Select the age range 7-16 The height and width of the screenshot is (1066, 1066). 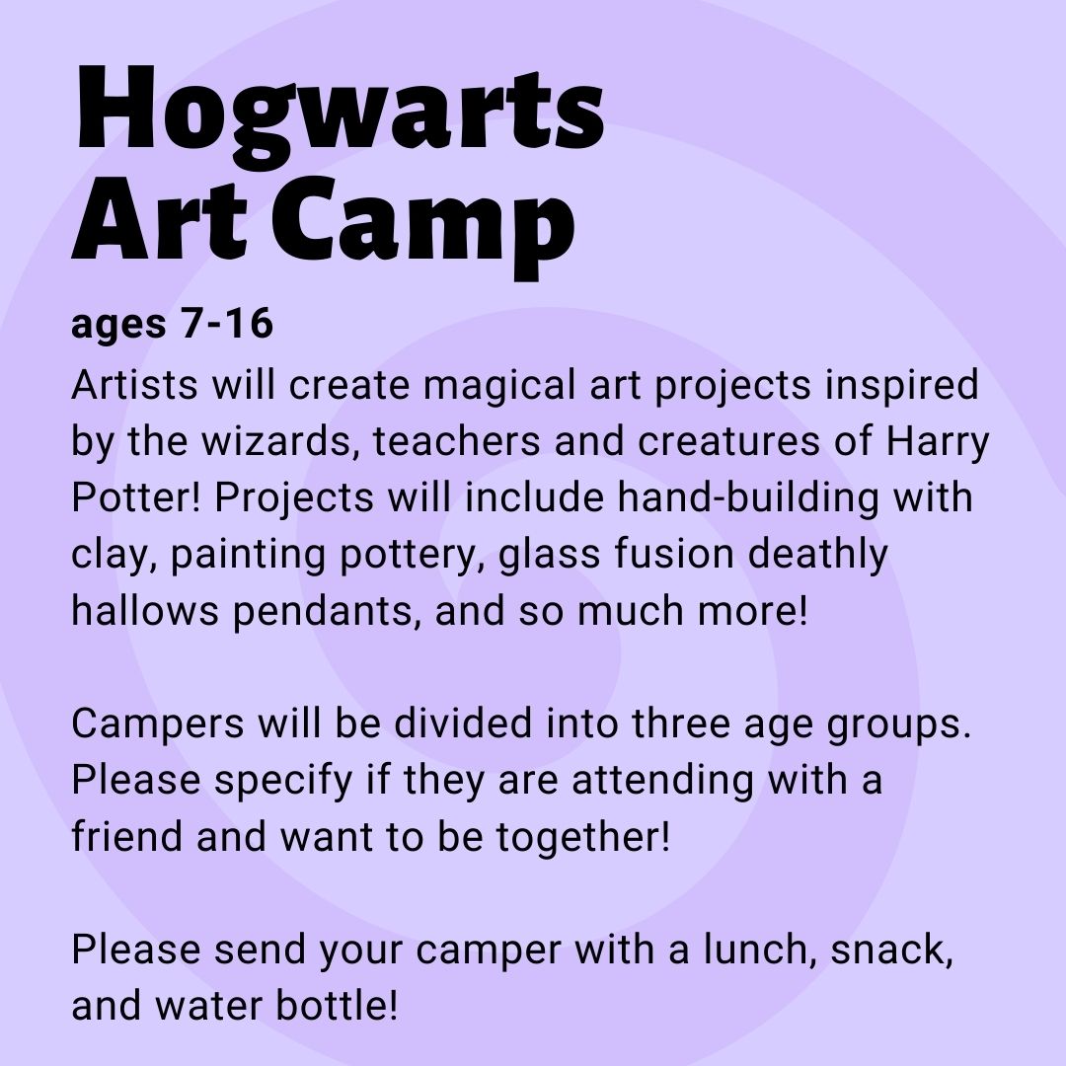pos(226,323)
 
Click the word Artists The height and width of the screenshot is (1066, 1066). pos(134,384)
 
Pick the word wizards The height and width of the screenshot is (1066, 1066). pos(280,442)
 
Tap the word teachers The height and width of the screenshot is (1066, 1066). pos(457,440)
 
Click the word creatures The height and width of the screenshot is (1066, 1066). pos(728,442)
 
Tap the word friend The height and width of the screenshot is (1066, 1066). pos(127,836)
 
